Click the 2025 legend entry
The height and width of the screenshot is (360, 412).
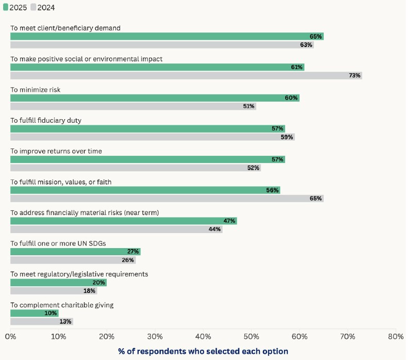(15, 7)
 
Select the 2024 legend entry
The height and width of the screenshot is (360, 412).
(43, 7)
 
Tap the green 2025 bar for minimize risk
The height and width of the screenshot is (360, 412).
(155, 98)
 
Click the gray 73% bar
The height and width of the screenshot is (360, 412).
(186, 75)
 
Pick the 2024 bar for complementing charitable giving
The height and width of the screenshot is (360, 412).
(42, 322)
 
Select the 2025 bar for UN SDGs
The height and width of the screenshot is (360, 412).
(75, 252)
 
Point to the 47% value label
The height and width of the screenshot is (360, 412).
(229, 221)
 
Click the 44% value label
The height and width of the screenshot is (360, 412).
(215, 229)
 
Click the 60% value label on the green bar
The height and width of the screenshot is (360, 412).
(292, 98)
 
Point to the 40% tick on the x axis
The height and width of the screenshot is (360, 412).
(203, 336)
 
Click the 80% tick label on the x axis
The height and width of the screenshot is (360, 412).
(395, 336)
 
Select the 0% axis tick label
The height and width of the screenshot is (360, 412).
(10, 336)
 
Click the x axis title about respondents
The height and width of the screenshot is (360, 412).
(203, 351)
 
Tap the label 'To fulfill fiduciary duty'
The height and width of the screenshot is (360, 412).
(46, 120)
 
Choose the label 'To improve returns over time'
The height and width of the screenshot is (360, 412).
(56, 151)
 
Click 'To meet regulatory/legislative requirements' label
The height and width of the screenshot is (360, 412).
(79, 274)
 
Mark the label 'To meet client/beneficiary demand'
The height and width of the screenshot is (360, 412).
(65, 28)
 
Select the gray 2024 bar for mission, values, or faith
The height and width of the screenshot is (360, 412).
(167, 199)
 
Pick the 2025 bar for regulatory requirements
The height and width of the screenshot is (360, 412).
(58, 283)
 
